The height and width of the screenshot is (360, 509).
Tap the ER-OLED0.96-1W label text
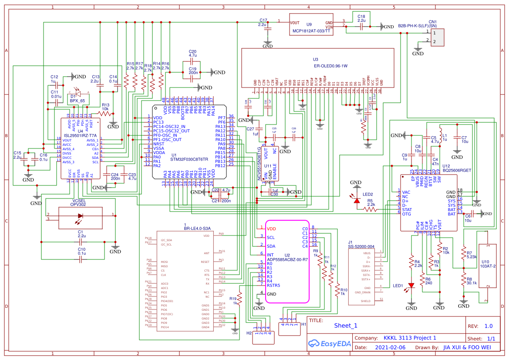[x=331, y=66]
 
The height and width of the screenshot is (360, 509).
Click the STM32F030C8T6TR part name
[x=189, y=160]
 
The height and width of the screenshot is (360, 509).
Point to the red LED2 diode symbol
[x=357, y=201]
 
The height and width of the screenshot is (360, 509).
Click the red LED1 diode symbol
[x=411, y=286]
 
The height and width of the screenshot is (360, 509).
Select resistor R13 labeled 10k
[x=105, y=113]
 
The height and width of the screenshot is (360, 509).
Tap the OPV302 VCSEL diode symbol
[x=80, y=216]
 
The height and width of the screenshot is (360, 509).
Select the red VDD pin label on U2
[x=271, y=229]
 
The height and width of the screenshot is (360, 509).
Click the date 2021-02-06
[x=390, y=347]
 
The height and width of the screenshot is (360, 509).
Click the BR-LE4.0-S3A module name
[x=197, y=228]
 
